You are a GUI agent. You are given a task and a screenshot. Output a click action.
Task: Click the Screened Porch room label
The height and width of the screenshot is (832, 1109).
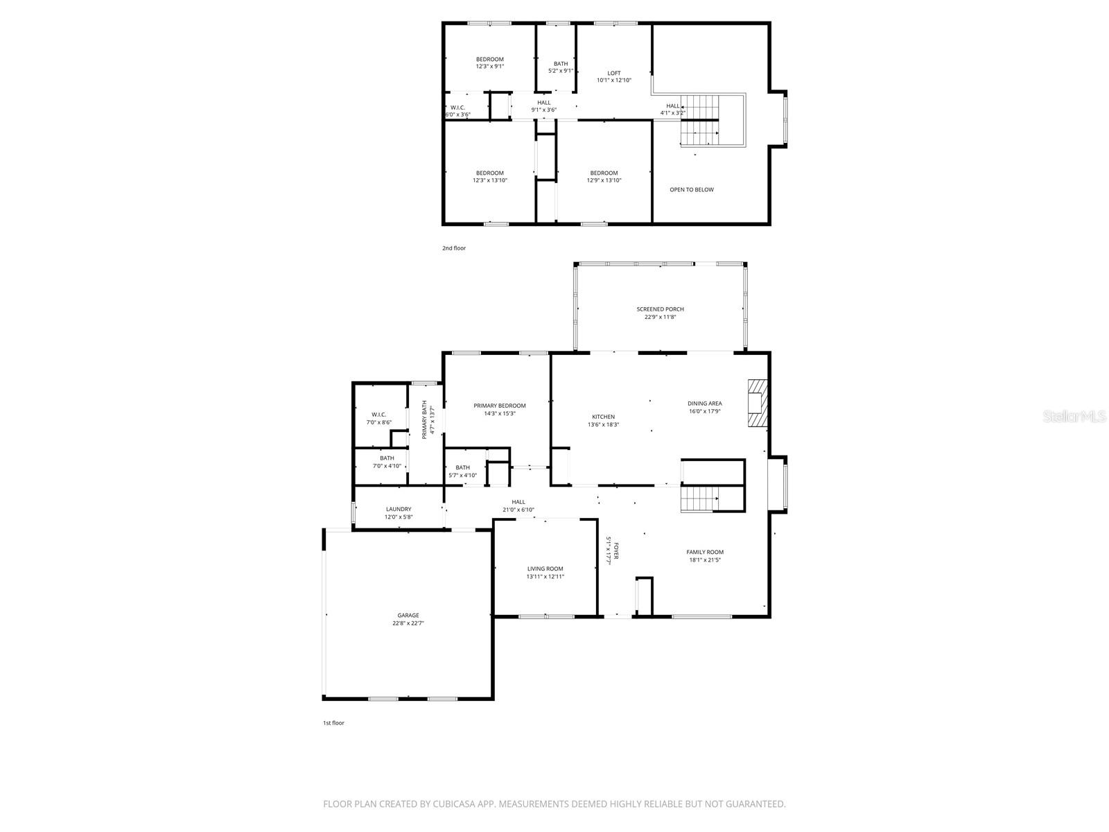[x=660, y=309]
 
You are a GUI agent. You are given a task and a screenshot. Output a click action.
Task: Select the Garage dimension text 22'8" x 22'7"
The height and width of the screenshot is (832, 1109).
[x=408, y=623]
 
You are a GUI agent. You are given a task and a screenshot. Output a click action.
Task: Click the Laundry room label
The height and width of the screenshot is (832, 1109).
[x=399, y=509]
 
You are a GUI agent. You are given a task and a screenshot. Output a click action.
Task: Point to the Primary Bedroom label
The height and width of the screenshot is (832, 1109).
[x=499, y=406]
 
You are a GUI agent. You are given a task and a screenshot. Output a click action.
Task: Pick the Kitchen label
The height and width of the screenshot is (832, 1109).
[x=603, y=417]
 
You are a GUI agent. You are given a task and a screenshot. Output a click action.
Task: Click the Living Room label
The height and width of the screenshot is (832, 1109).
[x=545, y=569]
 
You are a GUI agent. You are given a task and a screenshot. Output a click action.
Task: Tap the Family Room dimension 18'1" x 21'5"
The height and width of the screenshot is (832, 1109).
[x=705, y=560]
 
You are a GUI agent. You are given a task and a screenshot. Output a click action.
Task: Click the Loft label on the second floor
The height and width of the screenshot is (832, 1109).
[x=614, y=73]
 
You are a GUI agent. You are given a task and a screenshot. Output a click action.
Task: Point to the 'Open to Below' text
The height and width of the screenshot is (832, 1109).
[x=691, y=189]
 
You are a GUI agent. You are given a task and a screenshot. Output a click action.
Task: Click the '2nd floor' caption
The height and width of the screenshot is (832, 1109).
[x=454, y=248]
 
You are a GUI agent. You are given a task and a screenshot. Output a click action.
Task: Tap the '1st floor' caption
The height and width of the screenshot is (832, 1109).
[x=333, y=723]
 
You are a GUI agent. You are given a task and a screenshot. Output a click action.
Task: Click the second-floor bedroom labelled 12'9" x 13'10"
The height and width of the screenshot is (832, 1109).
[x=604, y=177]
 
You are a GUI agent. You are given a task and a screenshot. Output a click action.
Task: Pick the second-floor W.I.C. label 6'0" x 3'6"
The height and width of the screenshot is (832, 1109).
[x=457, y=111]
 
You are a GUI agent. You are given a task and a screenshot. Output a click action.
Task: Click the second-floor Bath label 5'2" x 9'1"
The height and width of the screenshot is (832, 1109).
[x=560, y=67]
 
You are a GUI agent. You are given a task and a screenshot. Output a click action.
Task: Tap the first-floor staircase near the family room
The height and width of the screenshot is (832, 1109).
[x=699, y=499]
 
